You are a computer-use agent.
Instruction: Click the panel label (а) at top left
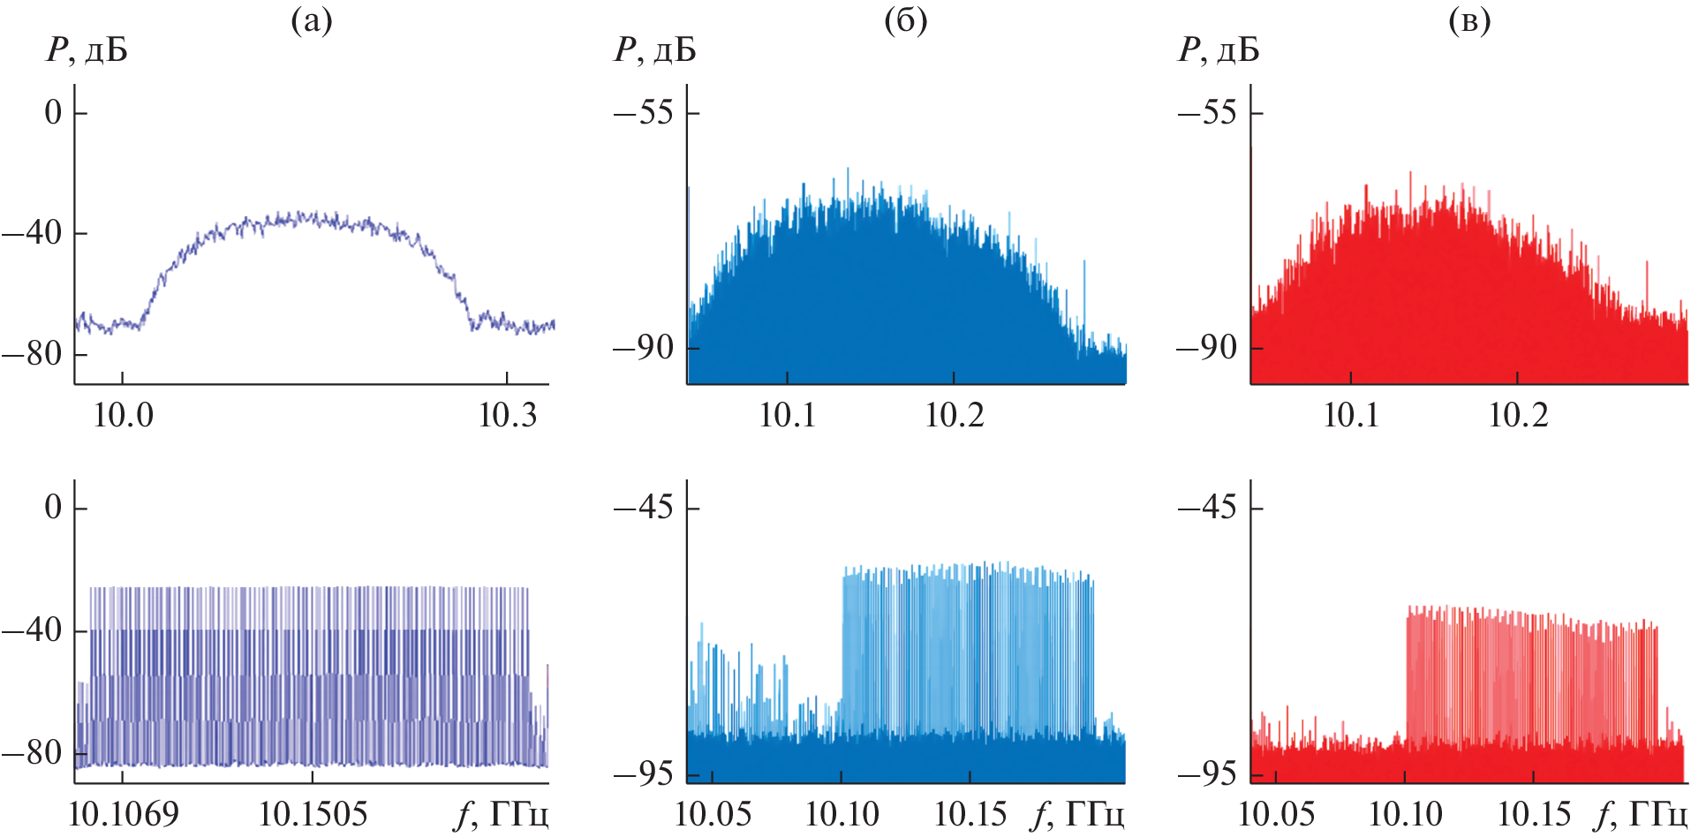click(x=312, y=21)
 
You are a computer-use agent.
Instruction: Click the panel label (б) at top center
click(x=905, y=21)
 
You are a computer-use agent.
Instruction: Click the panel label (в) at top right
click(x=1469, y=21)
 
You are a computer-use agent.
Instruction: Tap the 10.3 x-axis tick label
click(x=507, y=415)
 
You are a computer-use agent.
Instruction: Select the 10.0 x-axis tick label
click(x=123, y=415)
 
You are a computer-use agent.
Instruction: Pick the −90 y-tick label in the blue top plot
click(x=643, y=348)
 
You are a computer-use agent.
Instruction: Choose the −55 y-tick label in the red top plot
click(x=1207, y=113)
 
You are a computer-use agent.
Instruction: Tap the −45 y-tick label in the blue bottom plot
click(x=643, y=508)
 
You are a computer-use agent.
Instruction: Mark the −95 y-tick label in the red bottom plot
click(x=1207, y=774)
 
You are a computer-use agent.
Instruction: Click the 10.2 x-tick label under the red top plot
click(x=1518, y=415)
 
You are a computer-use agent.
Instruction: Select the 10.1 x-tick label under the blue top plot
click(x=788, y=415)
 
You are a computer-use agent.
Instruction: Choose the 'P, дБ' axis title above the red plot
click(x=1219, y=50)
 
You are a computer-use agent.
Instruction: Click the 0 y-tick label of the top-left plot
click(x=54, y=113)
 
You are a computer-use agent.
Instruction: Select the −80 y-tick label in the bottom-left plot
click(x=32, y=753)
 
